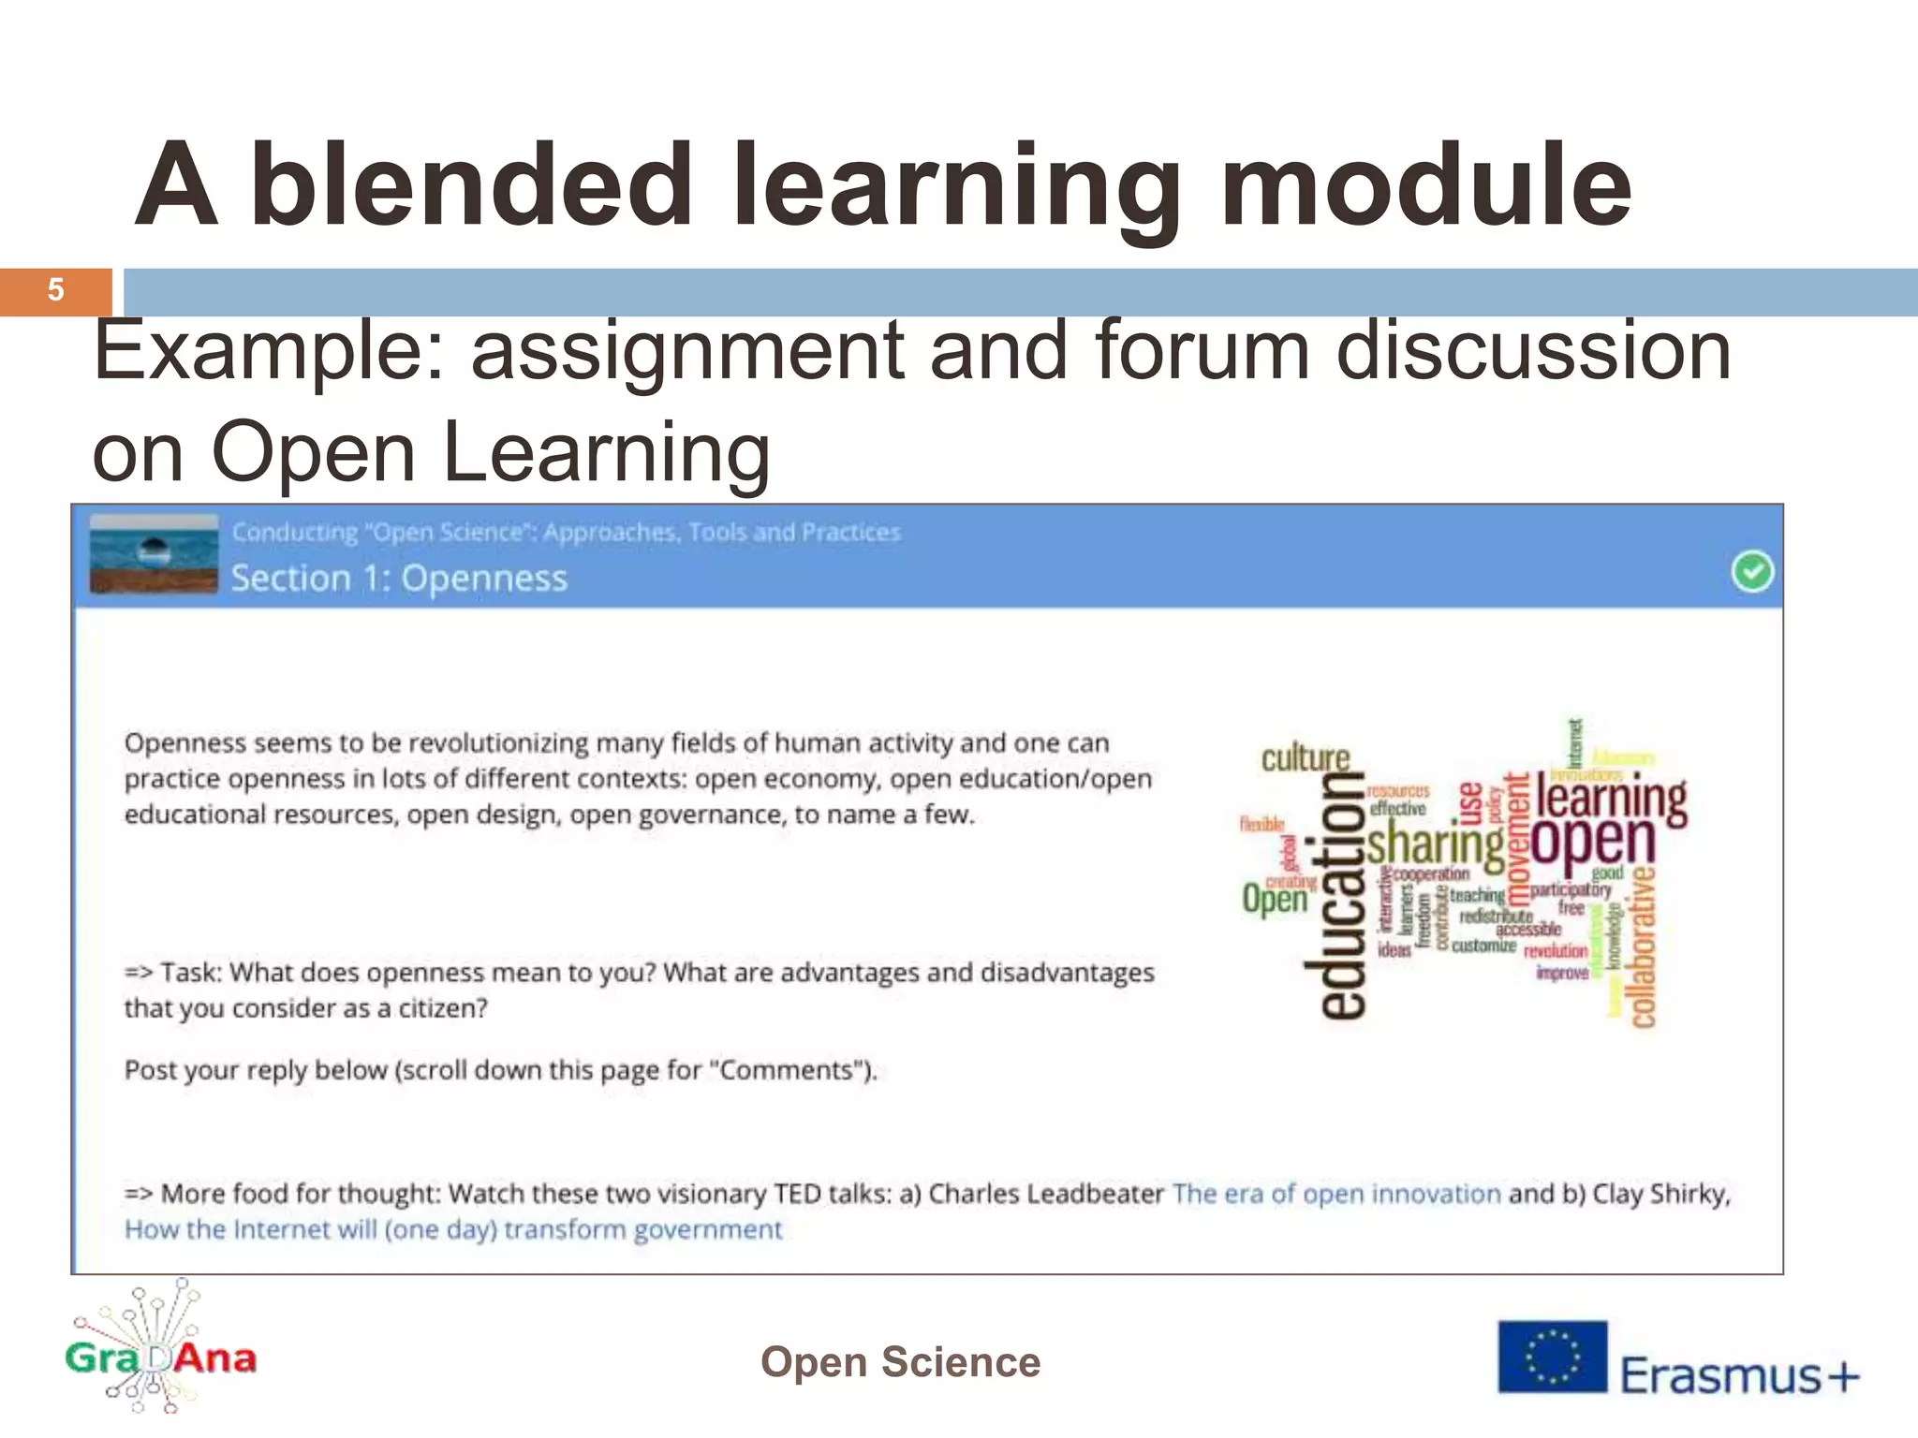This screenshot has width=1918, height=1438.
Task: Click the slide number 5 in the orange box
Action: pyautogui.click(x=55, y=291)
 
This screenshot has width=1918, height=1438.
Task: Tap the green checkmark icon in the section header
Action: pyautogui.click(x=1751, y=571)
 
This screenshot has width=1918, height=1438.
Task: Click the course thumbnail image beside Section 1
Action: pyautogui.click(x=155, y=553)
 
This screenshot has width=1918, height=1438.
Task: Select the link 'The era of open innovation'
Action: pyautogui.click(x=1336, y=1194)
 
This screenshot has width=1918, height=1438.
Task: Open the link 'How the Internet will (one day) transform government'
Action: pyautogui.click(x=453, y=1229)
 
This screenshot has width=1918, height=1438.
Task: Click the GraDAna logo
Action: pyautogui.click(x=160, y=1352)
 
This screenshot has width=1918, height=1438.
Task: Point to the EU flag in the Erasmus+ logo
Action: pyautogui.click(x=1552, y=1357)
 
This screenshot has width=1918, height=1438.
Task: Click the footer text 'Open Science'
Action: pyautogui.click(x=900, y=1362)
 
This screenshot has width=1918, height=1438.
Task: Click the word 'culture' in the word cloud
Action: pyautogui.click(x=1306, y=757)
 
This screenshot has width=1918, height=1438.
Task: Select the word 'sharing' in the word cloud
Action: pyautogui.click(x=1435, y=844)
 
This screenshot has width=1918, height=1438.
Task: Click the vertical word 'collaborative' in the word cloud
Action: pyautogui.click(x=1644, y=946)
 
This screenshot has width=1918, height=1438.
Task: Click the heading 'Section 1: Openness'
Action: pyautogui.click(x=399, y=579)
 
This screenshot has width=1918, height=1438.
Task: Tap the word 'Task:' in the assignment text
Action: pyautogui.click(x=191, y=973)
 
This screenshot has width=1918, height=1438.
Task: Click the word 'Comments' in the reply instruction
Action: pyautogui.click(x=788, y=1070)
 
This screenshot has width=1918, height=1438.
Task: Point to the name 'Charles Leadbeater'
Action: pyautogui.click(x=1045, y=1194)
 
